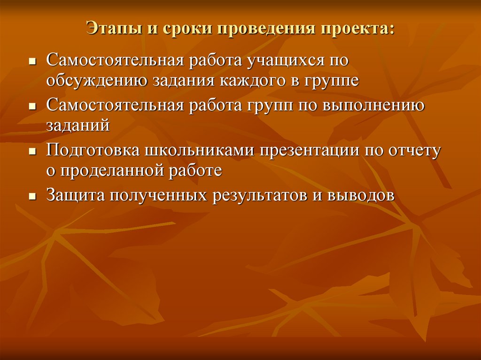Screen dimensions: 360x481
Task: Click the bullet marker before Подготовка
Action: point(32,151)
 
